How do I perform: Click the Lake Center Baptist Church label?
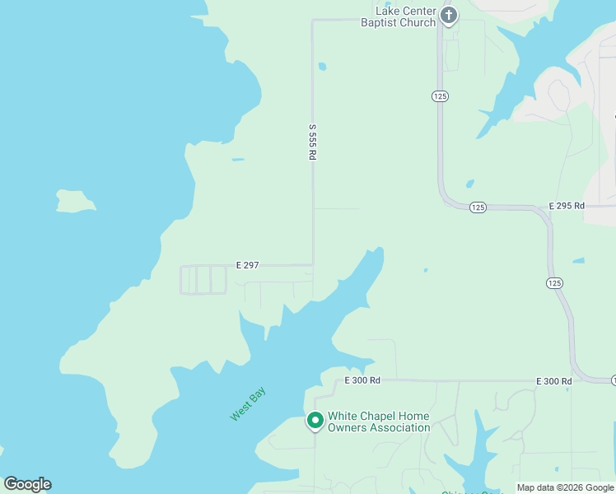tap(398, 16)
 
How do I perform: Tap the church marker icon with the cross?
tap(449, 16)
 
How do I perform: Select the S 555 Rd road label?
tap(312, 142)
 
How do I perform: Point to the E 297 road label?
tap(247, 265)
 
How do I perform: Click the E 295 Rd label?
tap(567, 206)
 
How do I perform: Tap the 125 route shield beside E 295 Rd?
tap(478, 207)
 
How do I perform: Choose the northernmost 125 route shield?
tap(440, 96)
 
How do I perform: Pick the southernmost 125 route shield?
tap(554, 282)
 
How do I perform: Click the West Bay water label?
tap(248, 406)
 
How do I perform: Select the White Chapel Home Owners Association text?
tap(379, 422)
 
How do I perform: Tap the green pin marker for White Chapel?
tap(315, 421)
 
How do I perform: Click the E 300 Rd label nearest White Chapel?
tap(362, 380)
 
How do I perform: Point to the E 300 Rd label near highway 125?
tap(553, 381)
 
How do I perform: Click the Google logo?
tap(27, 484)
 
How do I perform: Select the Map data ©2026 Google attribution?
tap(565, 487)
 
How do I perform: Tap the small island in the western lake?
tap(75, 201)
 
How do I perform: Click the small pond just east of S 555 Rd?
tap(322, 67)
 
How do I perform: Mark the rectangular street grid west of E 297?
tap(203, 280)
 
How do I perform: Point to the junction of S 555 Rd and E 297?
tap(312, 265)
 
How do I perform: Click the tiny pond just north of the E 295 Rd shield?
tap(469, 184)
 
